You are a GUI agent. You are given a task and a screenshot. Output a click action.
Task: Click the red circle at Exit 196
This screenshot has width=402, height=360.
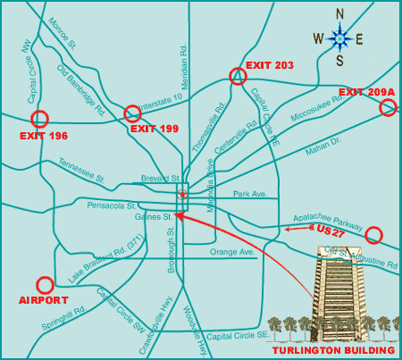[39, 119]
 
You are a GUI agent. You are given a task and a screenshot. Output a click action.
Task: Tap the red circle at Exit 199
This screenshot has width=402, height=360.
[132, 113]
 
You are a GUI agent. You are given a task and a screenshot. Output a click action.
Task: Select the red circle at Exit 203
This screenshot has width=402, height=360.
[237, 77]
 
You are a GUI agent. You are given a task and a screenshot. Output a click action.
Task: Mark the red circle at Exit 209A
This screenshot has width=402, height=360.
[388, 108]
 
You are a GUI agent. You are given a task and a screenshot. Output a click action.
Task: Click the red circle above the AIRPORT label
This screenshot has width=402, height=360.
[45, 284]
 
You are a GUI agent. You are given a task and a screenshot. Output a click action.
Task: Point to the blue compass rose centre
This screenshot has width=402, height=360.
[339, 38]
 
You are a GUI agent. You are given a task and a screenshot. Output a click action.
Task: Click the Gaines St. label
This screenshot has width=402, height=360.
[155, 216]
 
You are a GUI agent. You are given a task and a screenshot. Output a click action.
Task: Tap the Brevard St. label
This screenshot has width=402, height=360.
[160, 179]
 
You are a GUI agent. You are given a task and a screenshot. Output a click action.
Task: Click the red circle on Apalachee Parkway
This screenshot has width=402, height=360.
[373, 235]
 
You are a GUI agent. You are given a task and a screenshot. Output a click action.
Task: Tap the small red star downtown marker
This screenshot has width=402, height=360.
[181, 194]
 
